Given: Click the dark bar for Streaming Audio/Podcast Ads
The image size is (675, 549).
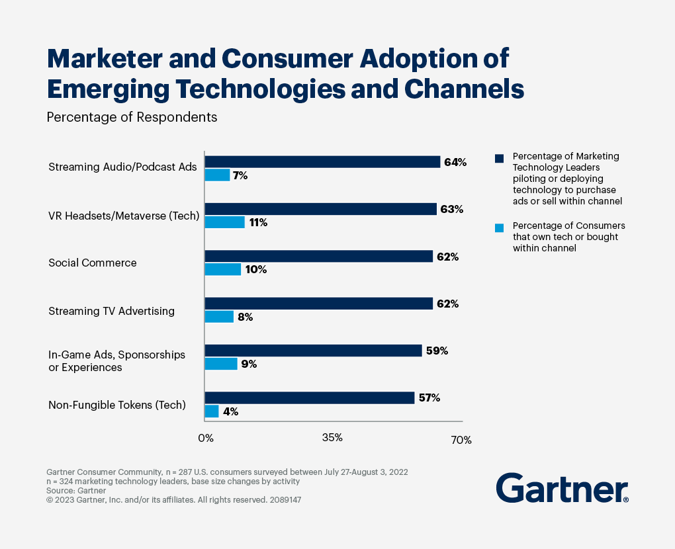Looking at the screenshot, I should point(322,162).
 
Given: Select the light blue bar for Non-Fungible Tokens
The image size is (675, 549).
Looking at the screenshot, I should point(212,411).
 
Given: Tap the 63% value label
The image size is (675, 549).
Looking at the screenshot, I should point(453,209).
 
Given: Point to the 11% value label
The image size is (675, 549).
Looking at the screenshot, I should point(258,222).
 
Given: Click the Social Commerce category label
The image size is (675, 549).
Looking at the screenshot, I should point(93,263).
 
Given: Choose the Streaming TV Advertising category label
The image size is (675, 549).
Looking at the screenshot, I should point(111,310).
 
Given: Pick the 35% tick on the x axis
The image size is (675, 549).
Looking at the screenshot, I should point(332,438).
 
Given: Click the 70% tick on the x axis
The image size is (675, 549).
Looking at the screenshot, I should point(461,440).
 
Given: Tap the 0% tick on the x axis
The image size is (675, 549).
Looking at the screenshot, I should point(206,438).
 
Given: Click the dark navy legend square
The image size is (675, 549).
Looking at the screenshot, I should point(499,158).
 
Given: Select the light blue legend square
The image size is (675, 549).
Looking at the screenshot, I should point(499,228).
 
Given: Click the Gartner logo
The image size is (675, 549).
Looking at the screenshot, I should point(562,489).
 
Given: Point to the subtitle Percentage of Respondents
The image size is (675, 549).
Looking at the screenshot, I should point(132,117).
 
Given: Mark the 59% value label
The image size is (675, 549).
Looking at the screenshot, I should point(437,351).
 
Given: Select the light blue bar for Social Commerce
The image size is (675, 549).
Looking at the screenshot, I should point(223,269).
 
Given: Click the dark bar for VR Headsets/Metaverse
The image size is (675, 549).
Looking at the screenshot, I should point(321,209).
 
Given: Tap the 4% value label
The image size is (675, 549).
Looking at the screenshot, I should point(230,411).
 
